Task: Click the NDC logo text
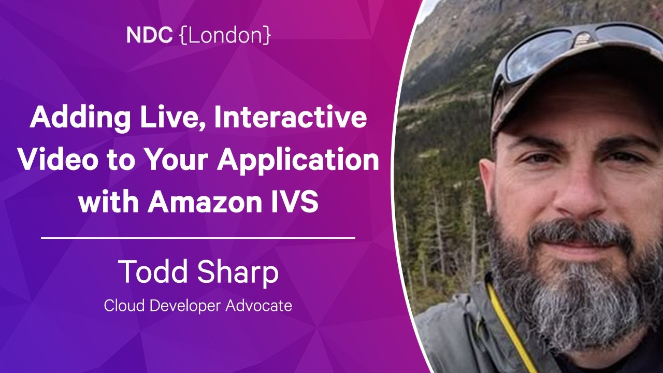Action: (x=149, y=35)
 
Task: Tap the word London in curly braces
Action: (x=225, y=35)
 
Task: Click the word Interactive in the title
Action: (x=291, y=117)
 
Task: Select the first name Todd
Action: (x=154, y=271)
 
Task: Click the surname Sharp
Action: (x=238, y=273)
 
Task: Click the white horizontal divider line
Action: (x=198, y=238)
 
